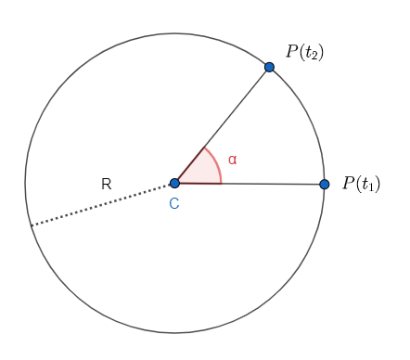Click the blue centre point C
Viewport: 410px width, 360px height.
click(x=174, y=183)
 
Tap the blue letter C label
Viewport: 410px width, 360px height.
click(x=173, y=203)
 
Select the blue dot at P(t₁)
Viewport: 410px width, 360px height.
click(x=324, y=184)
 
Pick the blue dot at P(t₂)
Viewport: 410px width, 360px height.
click(x=269, y=67)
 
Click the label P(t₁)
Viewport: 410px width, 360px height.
click(x=361, y=184)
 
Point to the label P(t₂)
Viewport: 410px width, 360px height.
click(x=304, y=52)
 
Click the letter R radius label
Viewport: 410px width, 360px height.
click(x=107, y=185)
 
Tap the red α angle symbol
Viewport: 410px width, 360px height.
click(x=232, y=160)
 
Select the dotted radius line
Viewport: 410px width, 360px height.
click(x=102, y=205)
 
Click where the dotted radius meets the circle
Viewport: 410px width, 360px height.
click(x=31, y=225)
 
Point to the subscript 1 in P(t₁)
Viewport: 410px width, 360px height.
click(x=373, y=187)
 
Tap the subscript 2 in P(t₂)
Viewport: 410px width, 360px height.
click(x=316, y=56)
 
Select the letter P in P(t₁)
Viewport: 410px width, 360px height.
click(x=348, y=183)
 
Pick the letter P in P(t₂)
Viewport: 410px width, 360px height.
click(x=291, y=51)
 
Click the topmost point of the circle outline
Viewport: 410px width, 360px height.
click(x=174, y=33)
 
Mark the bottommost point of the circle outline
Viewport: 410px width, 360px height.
click(x=174, y=332)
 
